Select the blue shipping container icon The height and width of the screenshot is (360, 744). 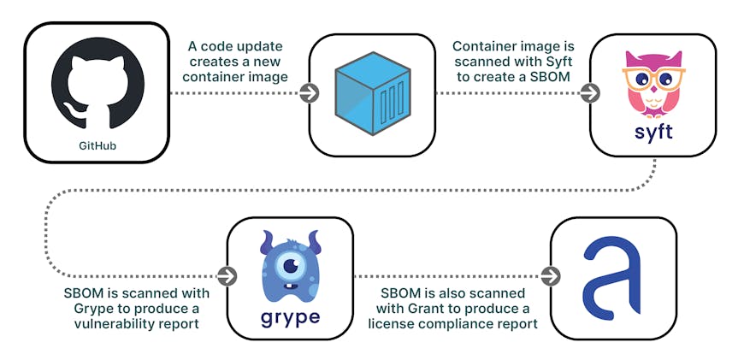372,93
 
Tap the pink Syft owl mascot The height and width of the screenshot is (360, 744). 653,83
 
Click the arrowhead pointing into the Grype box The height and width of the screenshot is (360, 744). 227,276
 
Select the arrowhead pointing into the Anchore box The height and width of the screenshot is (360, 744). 552,276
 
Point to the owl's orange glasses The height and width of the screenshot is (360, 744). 652,77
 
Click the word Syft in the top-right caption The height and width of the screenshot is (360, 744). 548,62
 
